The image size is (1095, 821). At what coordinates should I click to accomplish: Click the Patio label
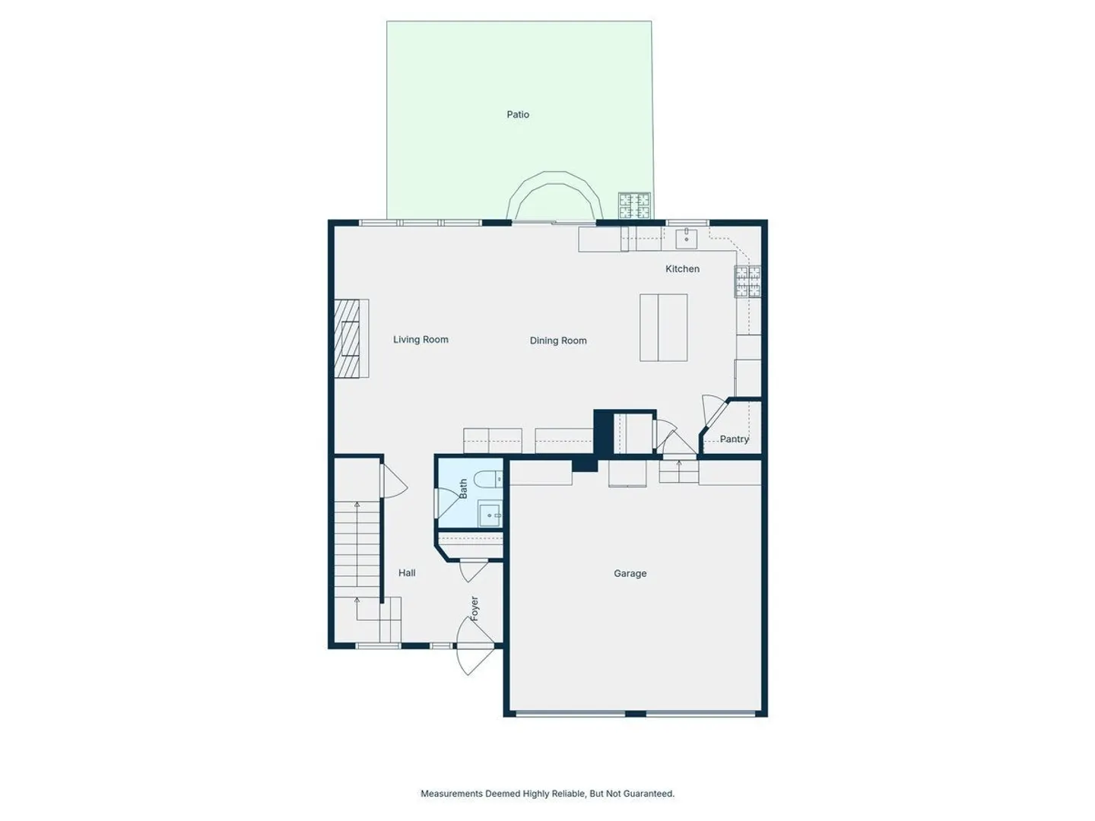517,115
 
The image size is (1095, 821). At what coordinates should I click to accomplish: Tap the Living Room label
421,340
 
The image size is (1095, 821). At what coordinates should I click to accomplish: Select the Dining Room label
557,341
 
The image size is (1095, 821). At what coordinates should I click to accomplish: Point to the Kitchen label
682,268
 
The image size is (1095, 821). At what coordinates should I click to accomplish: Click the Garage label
630,573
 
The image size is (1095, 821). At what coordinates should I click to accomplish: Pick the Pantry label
734,439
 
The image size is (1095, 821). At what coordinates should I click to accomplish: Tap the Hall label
407,572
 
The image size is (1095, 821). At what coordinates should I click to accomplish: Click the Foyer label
474,608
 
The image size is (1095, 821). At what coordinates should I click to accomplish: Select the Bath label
463,489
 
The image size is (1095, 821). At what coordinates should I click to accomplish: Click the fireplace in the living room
351,338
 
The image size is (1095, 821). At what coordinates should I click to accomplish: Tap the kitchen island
664,328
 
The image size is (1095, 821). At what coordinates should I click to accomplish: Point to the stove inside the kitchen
747,281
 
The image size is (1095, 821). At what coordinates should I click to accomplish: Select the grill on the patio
634,206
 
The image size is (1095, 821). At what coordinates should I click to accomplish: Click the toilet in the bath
487,479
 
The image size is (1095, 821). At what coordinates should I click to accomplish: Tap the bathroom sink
490,515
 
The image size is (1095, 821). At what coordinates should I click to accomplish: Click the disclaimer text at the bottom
547,793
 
